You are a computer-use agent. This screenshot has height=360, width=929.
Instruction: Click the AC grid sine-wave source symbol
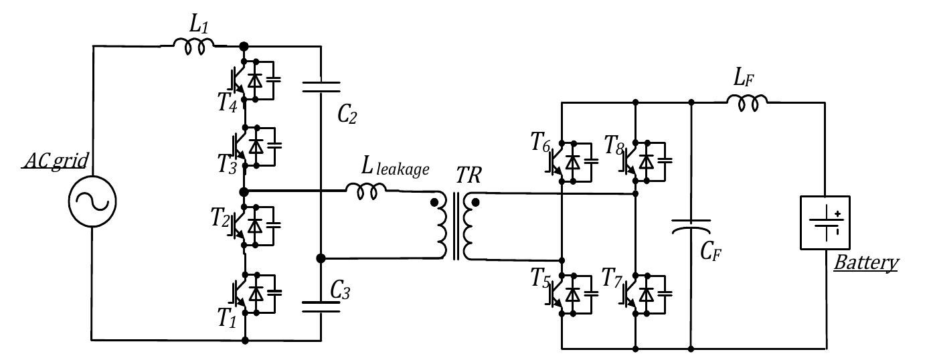(x=92, y=201)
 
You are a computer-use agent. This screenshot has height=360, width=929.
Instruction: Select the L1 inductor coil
(x=194, y=44)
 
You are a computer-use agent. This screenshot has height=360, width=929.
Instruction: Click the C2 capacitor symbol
(x=321, y=86)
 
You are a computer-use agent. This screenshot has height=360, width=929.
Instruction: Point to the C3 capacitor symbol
(x=321, y=306)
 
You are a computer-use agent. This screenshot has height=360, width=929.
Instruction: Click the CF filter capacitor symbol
(x=691, y=227)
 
